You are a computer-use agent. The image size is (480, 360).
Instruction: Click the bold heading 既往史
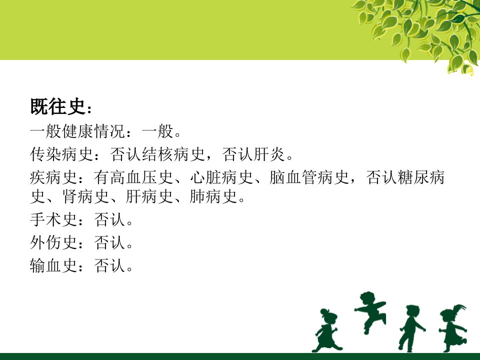coord(57,106)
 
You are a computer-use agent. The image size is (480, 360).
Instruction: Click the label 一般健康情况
coord(78,131)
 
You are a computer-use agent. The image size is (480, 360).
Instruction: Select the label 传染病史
coord(62,154)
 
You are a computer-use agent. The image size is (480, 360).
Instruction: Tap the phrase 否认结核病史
coord(157,154)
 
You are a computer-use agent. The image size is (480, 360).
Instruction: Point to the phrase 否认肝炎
coord(254,154)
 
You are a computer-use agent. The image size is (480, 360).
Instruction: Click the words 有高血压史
coord(134,177)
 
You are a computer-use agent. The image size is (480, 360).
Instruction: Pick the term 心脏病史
coord(221,177)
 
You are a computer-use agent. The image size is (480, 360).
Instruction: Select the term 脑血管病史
coord(309,177)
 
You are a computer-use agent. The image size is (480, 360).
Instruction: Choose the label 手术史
coord(54,219)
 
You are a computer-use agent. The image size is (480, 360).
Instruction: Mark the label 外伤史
coord(54,242)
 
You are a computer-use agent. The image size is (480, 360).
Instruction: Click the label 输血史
coord(54,265)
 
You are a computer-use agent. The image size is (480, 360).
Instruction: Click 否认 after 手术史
coord(110,219)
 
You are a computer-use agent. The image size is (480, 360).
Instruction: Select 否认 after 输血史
coord(110,265)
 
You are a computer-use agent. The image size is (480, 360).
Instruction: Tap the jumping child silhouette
coord(369,310)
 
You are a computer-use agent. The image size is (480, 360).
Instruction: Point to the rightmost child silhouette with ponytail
coord(453,327)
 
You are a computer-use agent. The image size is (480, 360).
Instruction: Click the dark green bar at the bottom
coord(240,356)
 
